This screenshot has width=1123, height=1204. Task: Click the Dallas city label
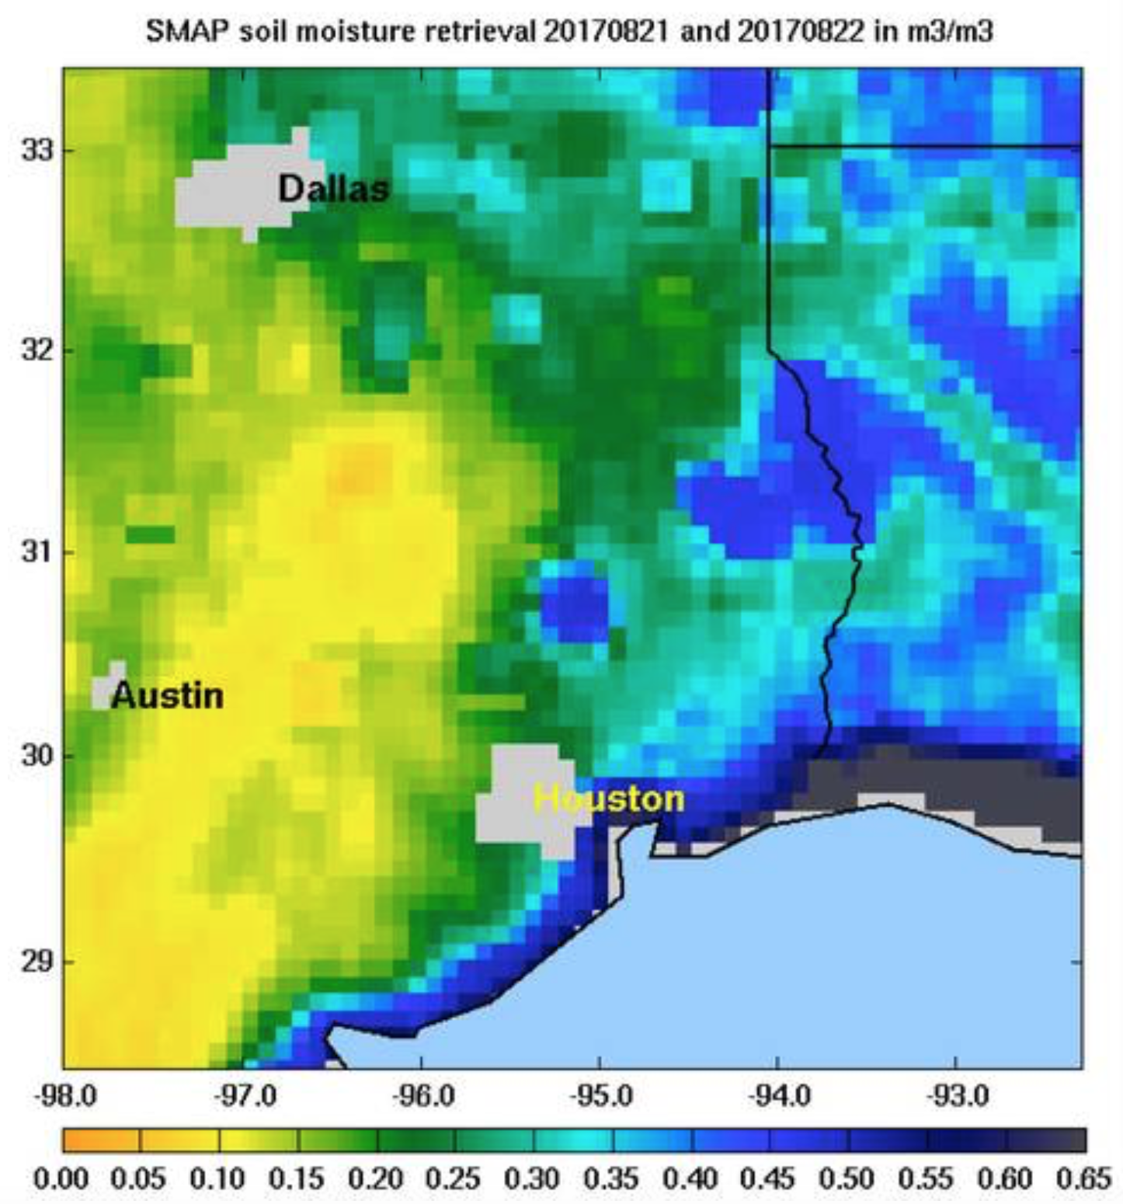coord(333,189)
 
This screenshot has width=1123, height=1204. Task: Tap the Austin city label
coord(167,695)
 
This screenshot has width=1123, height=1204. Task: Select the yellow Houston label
coord(610,799)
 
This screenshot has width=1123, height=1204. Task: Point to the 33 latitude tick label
coord(37,149)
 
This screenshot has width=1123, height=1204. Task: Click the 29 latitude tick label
coord(37,962)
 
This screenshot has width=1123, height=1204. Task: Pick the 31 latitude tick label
coord(37,552)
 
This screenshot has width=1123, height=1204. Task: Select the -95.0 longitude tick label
coord(600,1096)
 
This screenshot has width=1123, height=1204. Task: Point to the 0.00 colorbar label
coord(61,1179)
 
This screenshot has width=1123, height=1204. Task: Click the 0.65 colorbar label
coord(1084,1179)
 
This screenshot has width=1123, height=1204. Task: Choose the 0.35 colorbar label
coord(610,1179)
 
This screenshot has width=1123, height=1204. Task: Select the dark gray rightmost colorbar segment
coord(1047,1140)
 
